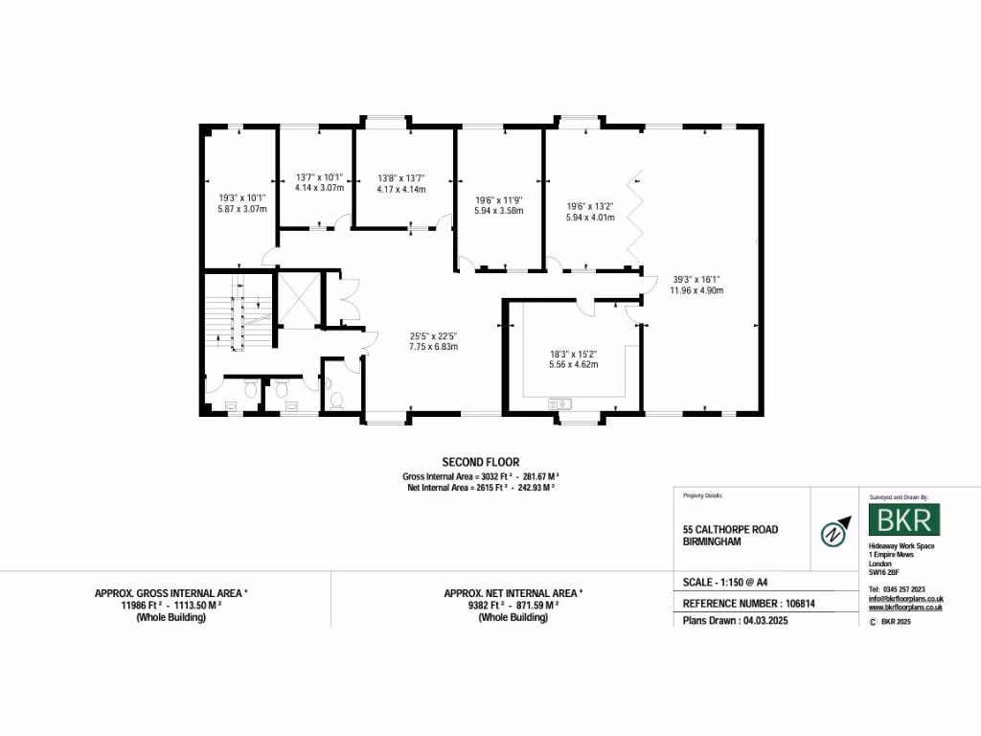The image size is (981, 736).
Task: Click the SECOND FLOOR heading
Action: tap(480, 462)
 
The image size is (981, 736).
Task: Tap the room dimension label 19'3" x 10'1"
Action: tap(241, 197)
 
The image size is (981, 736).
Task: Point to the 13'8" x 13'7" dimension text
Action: tap(401, 177)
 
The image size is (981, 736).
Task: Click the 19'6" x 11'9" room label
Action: tap(498, 201)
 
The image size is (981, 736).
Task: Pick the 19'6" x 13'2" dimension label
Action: tap(588, 206)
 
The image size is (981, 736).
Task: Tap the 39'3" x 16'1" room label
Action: tap(696, 279)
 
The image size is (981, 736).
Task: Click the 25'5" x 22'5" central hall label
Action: tap(433, 335)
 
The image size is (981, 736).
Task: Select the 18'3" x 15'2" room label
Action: tap(573, 354)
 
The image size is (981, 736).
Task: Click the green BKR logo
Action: tap(904, 520)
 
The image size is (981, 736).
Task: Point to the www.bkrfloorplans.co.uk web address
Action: tap(906, 608)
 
